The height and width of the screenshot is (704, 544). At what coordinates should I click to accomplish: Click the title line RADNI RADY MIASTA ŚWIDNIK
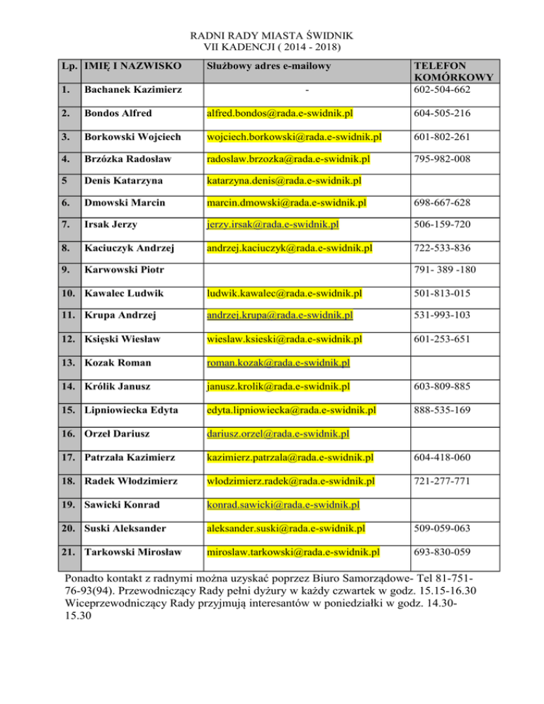272,35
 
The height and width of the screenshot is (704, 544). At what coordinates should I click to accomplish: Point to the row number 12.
68,340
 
